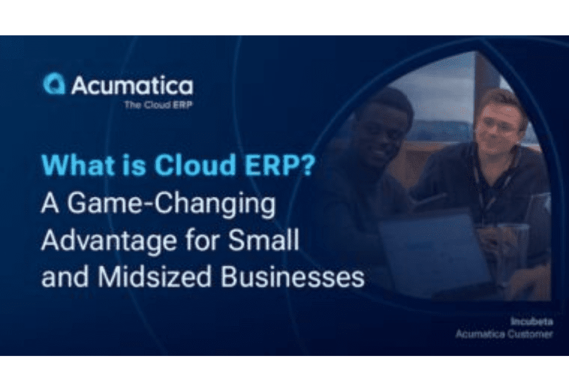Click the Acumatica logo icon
point(55,84)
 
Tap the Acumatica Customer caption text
point(504,334)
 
